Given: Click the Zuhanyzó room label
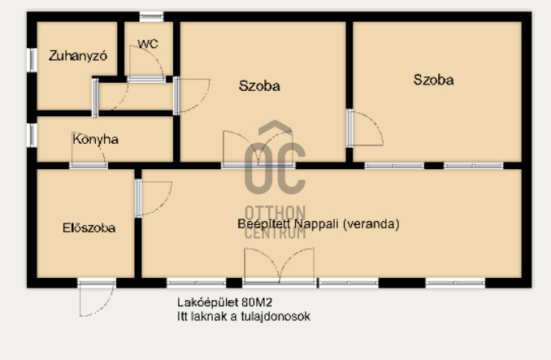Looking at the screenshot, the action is click(78, 56).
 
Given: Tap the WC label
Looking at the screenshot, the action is click(148, 44).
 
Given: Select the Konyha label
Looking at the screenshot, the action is click(96, 140).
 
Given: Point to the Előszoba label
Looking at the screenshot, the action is click(89, 228).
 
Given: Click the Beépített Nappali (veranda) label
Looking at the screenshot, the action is click(319, 223).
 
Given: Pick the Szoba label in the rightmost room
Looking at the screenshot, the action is click(433, 80).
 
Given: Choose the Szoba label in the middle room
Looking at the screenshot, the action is click(259, 85).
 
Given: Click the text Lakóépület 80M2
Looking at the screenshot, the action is click(224, 302).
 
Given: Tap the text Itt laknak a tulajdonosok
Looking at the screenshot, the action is click(244, 316).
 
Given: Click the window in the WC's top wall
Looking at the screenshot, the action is click(151, 16).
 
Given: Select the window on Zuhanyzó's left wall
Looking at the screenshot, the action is click(32, 60).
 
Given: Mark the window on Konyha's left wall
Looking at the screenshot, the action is click(32, 135).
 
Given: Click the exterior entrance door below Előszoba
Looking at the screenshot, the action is click(97, 298).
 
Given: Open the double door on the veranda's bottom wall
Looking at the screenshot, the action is click(280, 267).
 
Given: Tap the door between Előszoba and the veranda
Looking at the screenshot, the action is click(154, 198).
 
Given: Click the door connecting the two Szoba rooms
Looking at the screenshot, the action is click(364, 128).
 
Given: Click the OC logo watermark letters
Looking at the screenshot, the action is click(275, 158).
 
